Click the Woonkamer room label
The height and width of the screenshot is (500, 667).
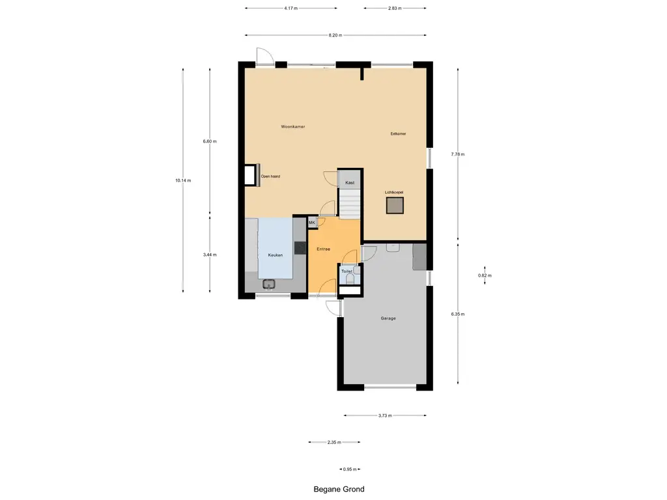point(292,127)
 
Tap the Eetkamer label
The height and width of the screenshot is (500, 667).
point(398,133)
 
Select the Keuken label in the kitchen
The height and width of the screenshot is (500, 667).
point(276,255)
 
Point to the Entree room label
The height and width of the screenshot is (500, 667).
point(323,249)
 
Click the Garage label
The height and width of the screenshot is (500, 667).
point(388,318)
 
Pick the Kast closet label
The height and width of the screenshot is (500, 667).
point(350,183)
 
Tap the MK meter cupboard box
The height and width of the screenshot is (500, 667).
point(312,223)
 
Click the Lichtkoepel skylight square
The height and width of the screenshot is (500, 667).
point(395,206)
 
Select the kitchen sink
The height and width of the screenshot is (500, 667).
point(269,284)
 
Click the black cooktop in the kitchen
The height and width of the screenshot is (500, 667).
point(300,247)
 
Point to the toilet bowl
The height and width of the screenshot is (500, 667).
point(350,279)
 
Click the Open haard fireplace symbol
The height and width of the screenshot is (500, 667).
point(252,174)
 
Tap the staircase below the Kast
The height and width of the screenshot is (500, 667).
point(350,203)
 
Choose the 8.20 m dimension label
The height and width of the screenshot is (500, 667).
point(335,35)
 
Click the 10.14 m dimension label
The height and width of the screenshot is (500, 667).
point(183,180)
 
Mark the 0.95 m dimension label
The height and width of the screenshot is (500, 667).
point(350,469)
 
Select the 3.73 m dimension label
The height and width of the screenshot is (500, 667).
point(385,415)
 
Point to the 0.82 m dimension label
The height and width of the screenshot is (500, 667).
point(485,275)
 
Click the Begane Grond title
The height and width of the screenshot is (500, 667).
point(339,490)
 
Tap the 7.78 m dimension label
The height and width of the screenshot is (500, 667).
point(458,154)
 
